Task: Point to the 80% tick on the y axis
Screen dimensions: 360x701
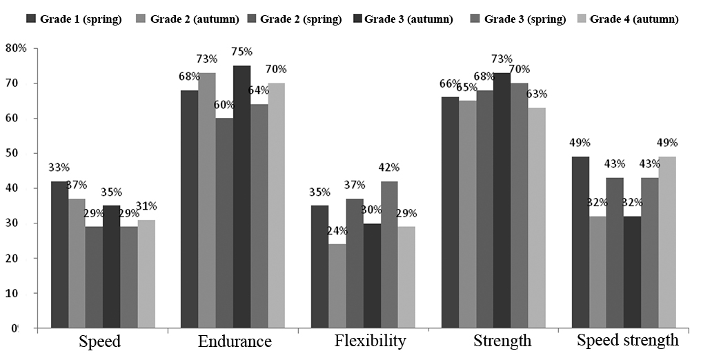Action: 15,48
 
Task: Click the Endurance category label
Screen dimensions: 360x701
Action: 235,341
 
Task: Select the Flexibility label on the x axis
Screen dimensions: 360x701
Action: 371,341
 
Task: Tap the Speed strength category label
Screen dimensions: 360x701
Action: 627,340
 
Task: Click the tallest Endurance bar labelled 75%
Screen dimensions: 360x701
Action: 241,197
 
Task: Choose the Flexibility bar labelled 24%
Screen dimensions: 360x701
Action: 337,286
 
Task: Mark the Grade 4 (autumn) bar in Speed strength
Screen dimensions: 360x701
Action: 667,242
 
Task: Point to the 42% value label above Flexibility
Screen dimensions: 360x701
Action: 389,168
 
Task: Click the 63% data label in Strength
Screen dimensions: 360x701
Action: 537,94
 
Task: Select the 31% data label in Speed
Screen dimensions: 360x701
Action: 146,206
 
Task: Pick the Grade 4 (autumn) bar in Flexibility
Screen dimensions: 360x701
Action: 406,277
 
